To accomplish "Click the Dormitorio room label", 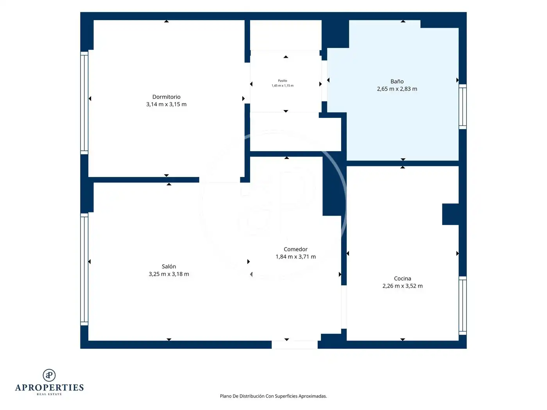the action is click(166, 96).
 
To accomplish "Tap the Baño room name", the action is click(397, 81).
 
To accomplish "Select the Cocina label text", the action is click(402, 278).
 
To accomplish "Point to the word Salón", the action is click(169, 266).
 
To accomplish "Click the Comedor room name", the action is click(295, 249).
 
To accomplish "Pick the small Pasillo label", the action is click(282, 81).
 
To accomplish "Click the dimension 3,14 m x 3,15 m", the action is click(166, 104).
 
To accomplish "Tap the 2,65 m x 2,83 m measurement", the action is click(397, 89).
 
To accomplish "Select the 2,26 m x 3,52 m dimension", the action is click(402, 286).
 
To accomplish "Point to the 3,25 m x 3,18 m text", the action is click(169, 274).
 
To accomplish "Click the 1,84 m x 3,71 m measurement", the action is click(295, 257).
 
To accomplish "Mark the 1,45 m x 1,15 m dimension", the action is click(282, 86).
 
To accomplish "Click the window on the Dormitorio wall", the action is click(84, 103).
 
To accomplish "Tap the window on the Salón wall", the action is click(84, 269).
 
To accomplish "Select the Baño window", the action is click(463, 107).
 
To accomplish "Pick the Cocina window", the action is click(463, 305).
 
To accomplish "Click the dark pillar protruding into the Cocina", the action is click(450, 214).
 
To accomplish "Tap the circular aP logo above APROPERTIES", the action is click(49, 375).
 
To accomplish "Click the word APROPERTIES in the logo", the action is click(49, 388).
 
